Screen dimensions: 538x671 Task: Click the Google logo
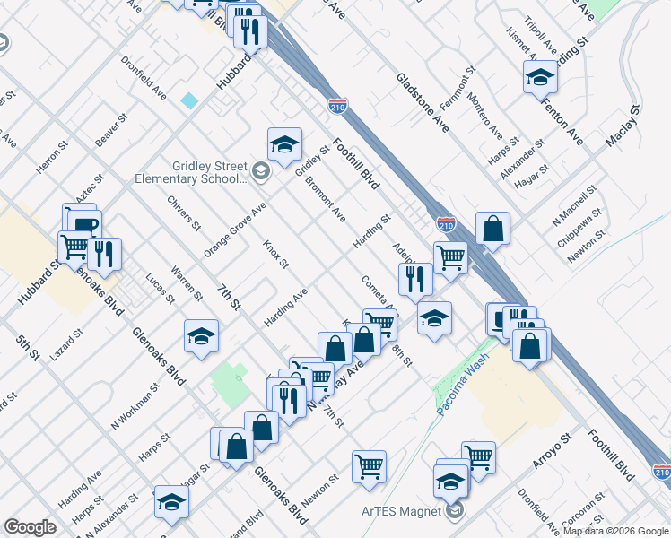click(30, 527)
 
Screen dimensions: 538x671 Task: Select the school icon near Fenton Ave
click(541, 78)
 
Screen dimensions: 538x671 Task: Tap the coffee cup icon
click(83, 225)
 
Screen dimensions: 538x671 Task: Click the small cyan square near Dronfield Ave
click(189, 100)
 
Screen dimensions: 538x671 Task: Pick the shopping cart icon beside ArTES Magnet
click(369, 466)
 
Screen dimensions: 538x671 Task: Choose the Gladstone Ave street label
click(422, 100)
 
